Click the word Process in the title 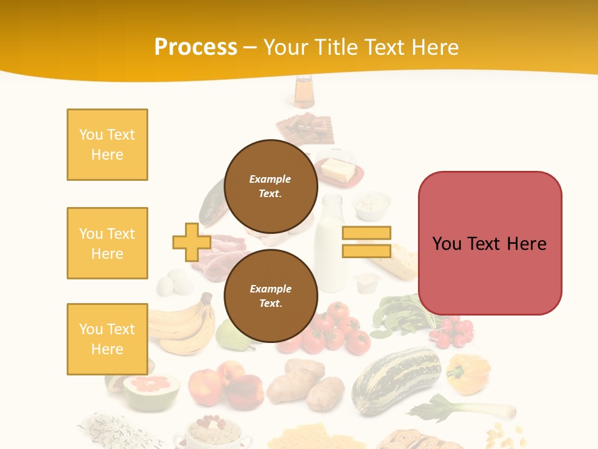pyautogui.click(x=196, y=47)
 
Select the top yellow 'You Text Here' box pyautogui.click(x=107, y=145)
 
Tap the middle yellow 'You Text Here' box pyautogui.click(x=107, y=243)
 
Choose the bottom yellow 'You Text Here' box pyautogui.click(x=107, y=339)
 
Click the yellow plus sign pyautogui.click(x=191, y=242)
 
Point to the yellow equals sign pyautogui.click(x=366, y=242)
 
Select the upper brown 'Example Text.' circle pyautogui.click(x=270, y=186)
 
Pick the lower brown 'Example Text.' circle pyautogui.click(x=270, y=296)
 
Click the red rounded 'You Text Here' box pyautogui.click(x=490, y=243)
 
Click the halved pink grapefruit pyautogui.click(x=151, y=390)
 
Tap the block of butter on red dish pyautogui.click(x=338, y=170)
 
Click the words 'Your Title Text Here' pyautogui.click(x=361, y=47)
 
